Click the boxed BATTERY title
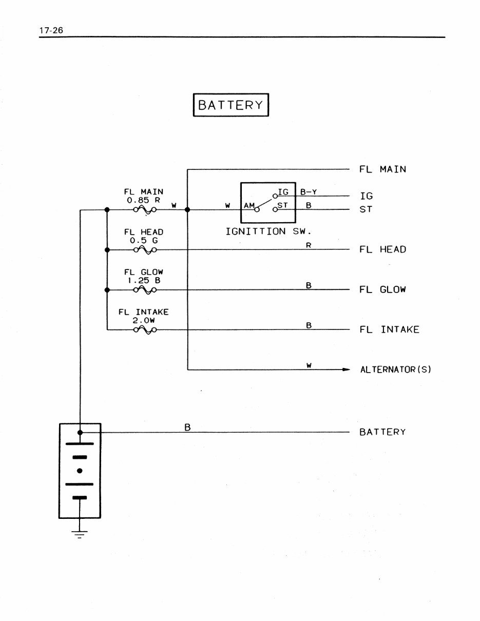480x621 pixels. [231, 105]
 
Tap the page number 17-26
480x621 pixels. [50, 30]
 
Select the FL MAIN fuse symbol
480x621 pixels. [145, 209]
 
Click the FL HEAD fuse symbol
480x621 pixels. [145, 250]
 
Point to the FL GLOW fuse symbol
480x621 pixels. [145, 290]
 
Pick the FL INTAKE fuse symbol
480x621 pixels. [145, 330]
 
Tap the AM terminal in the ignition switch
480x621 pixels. [249, 206]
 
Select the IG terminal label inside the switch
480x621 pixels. [283, 192]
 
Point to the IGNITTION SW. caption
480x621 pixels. [268, 231]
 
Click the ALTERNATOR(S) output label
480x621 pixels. [395, 370]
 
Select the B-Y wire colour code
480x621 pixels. [309, 192]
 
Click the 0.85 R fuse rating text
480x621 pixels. [144, 200]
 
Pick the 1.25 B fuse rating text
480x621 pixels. [144, 281]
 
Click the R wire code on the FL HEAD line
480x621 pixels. [309, 245]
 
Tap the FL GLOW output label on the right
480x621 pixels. [382, 289]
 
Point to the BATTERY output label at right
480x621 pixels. [382, 432]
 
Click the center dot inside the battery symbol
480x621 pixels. [80, 471]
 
